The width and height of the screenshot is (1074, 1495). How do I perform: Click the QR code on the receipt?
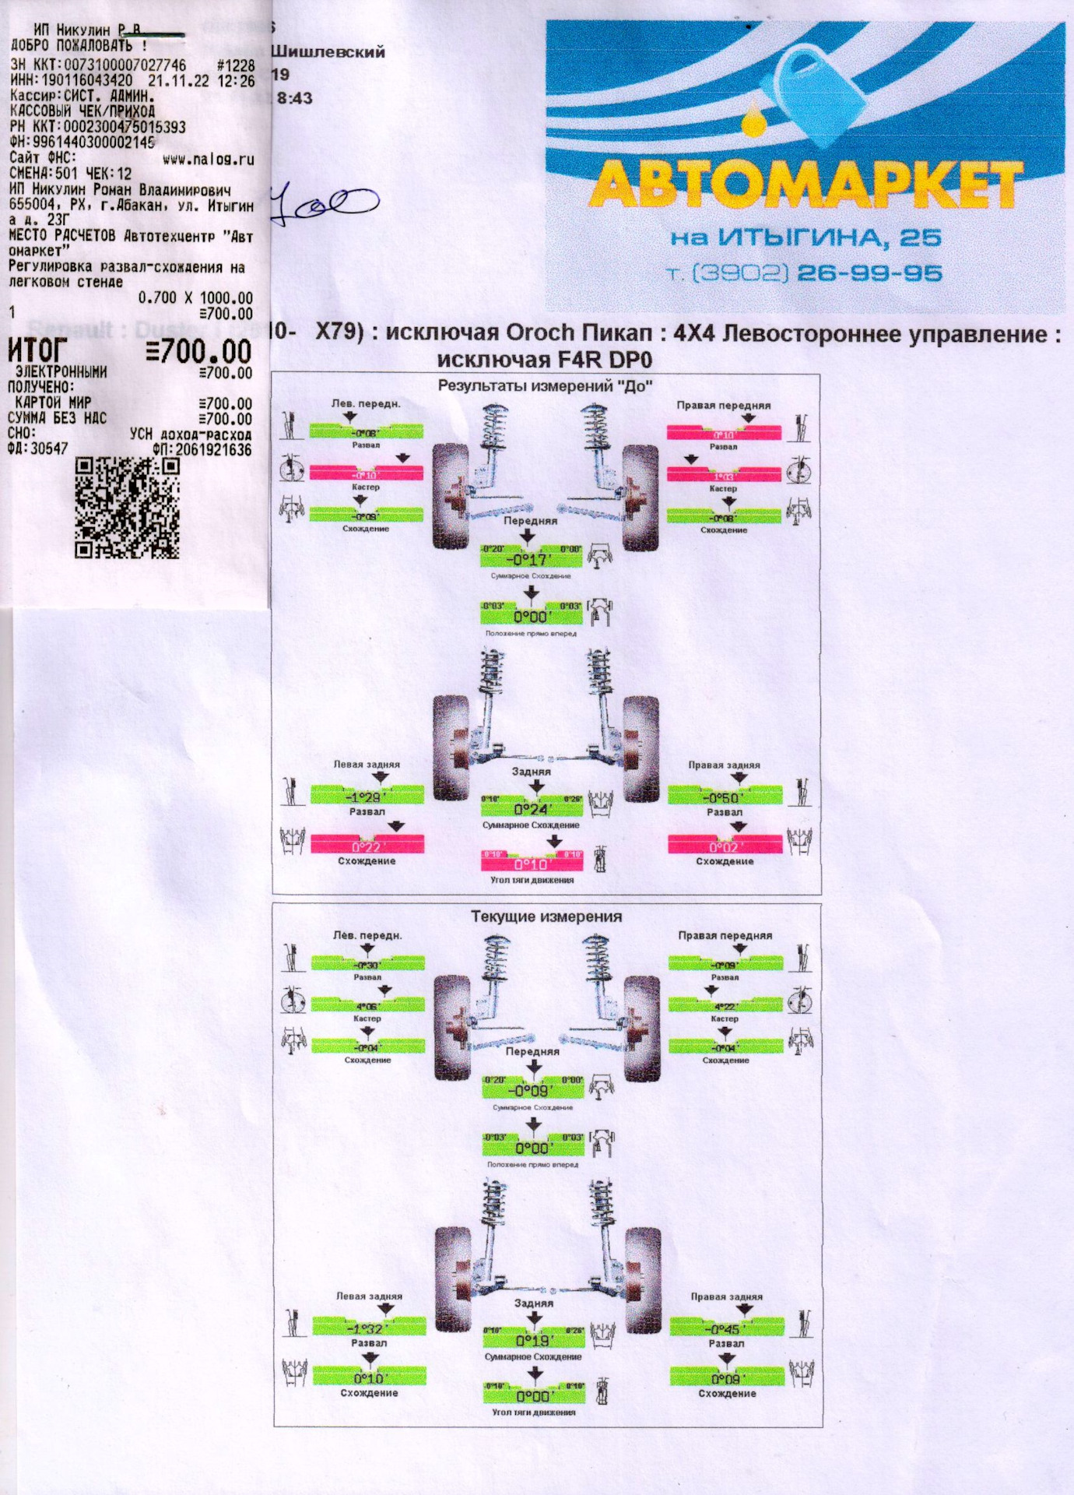click(128, 507)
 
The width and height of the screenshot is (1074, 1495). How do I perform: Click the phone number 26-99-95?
click(869, 273)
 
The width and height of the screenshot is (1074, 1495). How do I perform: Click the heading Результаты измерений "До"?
click(545, 385)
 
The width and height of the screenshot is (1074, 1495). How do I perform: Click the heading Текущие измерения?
click(546, 916)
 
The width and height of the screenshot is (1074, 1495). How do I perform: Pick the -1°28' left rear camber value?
click(367, 797)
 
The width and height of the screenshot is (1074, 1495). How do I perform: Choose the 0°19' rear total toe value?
click(533, 1340)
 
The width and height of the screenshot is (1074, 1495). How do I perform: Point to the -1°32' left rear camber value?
click(368, 1328)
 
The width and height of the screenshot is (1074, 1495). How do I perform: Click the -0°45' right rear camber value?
click(726, 1328)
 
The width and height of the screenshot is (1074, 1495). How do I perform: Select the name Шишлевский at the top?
click(328, 52)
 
